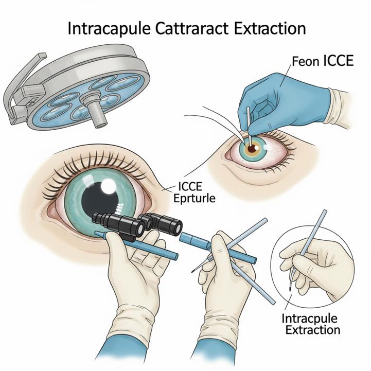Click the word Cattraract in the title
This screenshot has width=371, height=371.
coord(192,28)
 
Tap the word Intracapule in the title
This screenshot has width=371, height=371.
coord(109,29)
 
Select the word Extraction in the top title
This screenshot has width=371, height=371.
coord(270,28)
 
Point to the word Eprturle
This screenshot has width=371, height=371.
coord(195,199)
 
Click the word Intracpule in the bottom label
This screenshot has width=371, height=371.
coord(309,319)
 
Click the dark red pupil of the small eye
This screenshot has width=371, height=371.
coord(252,149)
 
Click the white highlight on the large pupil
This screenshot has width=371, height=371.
coord(109,186)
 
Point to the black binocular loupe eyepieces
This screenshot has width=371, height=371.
coord(137,224)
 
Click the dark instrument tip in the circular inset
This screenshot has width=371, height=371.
coord(290,289)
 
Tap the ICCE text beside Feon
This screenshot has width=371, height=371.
coord(338,61)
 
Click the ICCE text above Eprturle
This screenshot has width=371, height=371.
coord(190,186)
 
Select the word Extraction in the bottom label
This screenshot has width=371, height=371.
coord(313,330)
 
